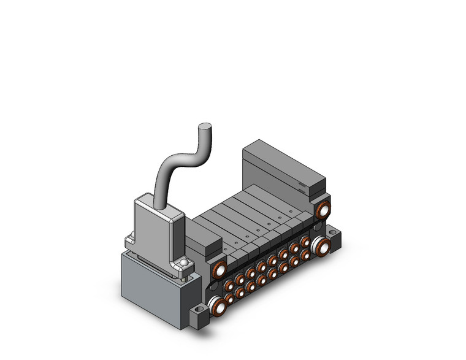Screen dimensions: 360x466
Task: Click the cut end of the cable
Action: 205,128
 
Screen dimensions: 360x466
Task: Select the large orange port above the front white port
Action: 218,270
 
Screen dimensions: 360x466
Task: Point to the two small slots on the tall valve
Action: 303,187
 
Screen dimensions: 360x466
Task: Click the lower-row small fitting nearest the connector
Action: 229,299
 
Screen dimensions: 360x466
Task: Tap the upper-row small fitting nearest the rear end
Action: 305,242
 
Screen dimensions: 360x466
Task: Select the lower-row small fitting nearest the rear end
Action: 305,254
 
